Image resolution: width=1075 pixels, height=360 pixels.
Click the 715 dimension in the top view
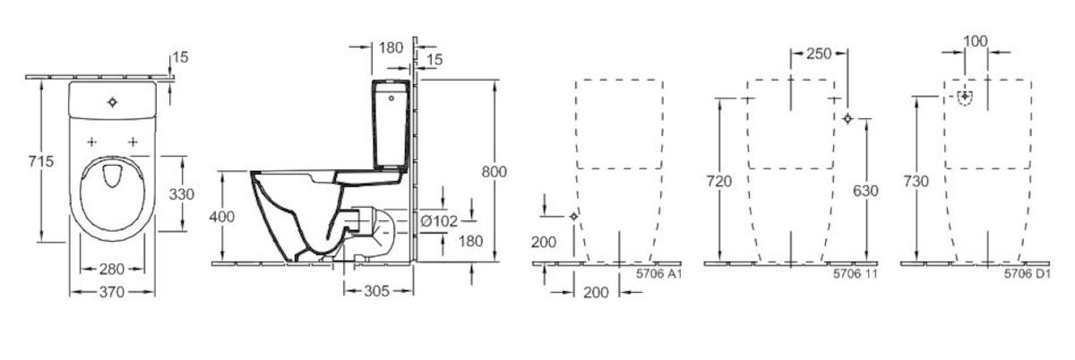point(41,161)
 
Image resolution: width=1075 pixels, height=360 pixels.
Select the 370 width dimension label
point(112,291)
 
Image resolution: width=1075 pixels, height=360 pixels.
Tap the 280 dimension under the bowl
point(112,269)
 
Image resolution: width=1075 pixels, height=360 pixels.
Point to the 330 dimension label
point(181,194)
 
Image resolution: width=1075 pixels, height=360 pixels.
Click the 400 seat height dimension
point(222,217)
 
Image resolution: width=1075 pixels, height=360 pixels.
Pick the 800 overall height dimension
point(494,171)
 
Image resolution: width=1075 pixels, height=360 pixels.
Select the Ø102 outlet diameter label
point(439,221)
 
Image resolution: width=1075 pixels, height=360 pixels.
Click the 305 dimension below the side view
point(376,290)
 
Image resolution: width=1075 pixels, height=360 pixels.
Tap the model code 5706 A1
point(659,274)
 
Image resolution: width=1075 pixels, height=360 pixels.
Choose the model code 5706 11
point(856,274)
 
